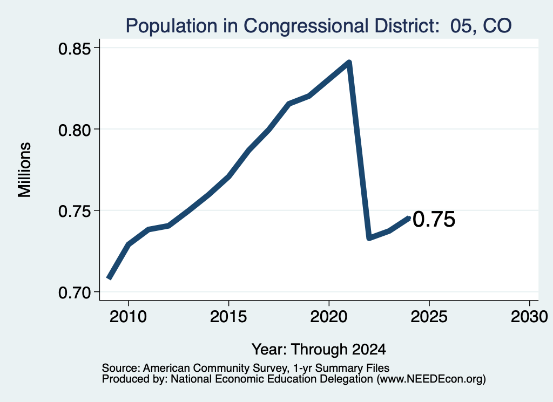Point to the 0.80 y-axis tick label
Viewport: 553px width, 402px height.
tap(76, 131)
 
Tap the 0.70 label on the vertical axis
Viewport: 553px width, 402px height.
tap(76, 293)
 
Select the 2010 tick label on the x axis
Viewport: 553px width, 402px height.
tap(128, 317)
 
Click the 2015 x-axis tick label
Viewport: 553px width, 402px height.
tap(228, 317)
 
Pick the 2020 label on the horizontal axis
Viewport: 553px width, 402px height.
tap(329, 317)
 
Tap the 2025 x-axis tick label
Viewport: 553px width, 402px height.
tap(429, 317)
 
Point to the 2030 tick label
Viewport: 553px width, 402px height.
tap(529, 317)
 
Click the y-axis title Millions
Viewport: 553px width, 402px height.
tap(25, 170)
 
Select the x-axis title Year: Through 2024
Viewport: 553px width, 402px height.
tap(319, 350)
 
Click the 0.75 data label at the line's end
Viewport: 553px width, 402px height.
tap(434, 220)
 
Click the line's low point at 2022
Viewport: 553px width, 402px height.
tap(369, 238)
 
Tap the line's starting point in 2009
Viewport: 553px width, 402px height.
tap(109, 278)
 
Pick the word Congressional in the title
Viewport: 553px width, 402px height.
tap(306, 26)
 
